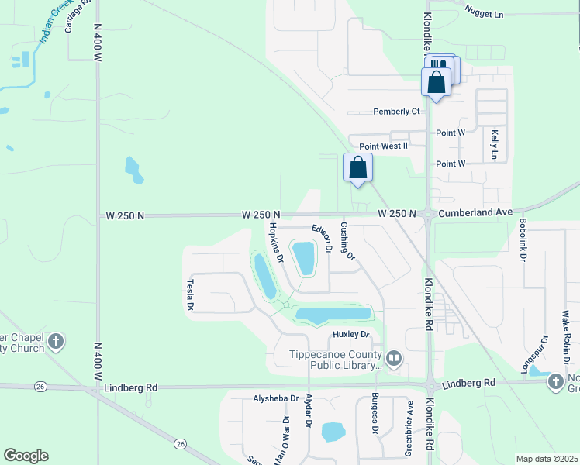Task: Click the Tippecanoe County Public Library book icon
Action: click(x=394, y=357)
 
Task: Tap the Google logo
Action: click(x=26, y=456)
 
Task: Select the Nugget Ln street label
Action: click(x=484, y=15)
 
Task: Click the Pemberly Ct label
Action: click(x=396, y=112)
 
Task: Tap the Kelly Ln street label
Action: click(x=494, y=144)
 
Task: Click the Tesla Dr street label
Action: click(x=189, y=295)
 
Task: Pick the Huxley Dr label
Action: click(x=350, y=335)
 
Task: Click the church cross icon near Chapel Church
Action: click(x=55, y=341)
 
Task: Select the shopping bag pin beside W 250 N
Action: click(x=357, y=167)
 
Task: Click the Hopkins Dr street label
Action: click(x=275, y=241)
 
